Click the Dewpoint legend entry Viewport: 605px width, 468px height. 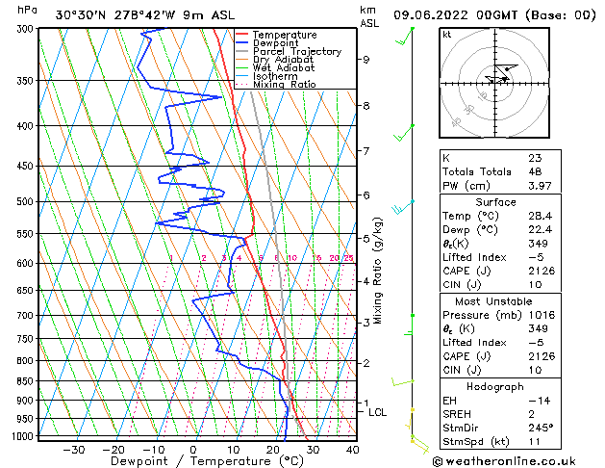pos(279,43)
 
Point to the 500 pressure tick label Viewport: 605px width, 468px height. pos(27,202)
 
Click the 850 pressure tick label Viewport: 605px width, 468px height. pos(27,381)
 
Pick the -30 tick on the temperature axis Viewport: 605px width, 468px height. pos(73,450)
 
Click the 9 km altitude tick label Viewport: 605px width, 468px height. pos(366,60)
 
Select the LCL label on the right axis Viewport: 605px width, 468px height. pos(378,412)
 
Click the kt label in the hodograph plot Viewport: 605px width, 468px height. pos(446,35)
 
